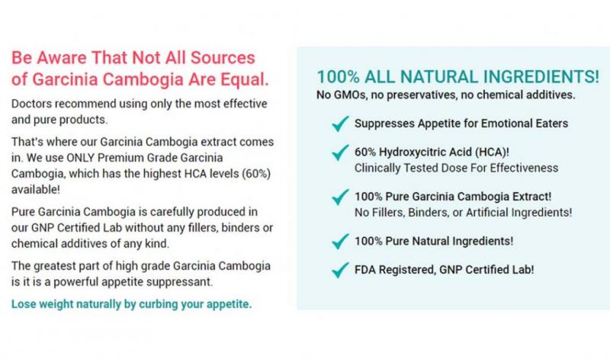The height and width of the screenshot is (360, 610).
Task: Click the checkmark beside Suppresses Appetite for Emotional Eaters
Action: coord(340,124)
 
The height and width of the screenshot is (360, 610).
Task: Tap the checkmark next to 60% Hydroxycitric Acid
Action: coord(340,153)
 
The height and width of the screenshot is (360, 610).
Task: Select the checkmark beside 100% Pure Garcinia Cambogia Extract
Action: coord(340,197)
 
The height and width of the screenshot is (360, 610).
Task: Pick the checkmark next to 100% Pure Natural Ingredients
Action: coord(340,241)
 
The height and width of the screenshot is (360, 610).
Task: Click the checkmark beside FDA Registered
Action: coord(340,270)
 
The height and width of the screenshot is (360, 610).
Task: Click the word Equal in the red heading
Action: coord(245,79)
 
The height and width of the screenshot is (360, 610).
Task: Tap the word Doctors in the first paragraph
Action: coord(30,104)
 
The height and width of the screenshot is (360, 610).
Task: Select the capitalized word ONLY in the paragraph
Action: coord(81,158)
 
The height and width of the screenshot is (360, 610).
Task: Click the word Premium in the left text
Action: coord(120,158)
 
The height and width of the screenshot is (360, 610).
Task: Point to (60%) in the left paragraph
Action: coord(256,174)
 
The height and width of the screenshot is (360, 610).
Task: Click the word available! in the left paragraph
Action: coord(35,190)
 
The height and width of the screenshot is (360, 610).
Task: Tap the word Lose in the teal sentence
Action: coord(24,304)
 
